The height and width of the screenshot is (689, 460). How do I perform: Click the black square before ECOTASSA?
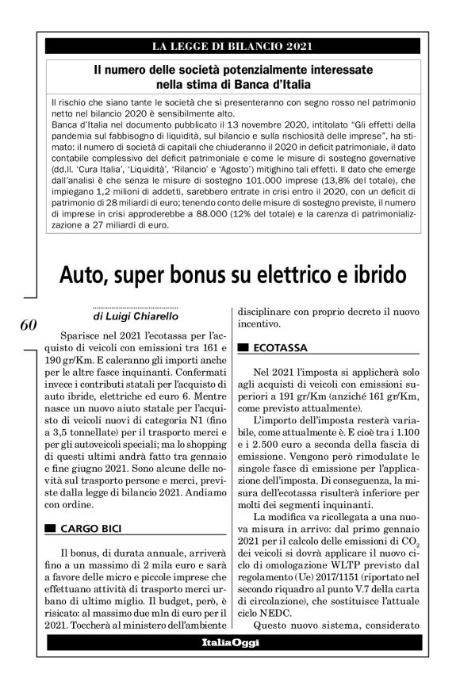pyautogui.click(x=243, y=347)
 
